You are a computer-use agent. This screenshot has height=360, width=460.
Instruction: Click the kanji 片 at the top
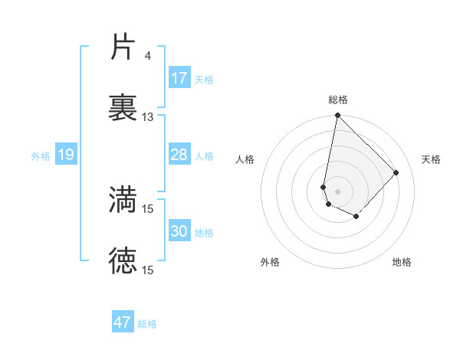(x=123, y=47)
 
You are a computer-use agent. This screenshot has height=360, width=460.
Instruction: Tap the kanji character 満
(x=123, y=200)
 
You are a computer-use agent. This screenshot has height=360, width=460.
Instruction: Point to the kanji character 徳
(x=123, y=261)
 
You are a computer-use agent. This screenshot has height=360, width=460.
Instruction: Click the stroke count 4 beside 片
(x=147, y=56)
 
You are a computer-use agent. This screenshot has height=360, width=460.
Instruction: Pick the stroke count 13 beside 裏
(x=148, y=117)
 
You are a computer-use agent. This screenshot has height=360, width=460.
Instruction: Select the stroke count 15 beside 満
(x=148, y=208)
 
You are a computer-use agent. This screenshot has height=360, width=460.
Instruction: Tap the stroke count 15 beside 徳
(x=148, y=270)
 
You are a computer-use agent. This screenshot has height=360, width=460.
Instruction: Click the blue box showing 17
(x=179, y=78)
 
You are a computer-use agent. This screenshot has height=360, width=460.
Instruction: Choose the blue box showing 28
(x=179, y=155)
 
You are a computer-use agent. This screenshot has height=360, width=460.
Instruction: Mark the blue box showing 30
(x=179, y=231)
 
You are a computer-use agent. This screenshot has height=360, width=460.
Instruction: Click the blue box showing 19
(x=66, y=155)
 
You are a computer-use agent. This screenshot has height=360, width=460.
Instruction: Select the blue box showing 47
(x=123, y=322)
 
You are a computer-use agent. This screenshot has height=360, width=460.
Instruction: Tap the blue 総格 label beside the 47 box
(x=147, y=324)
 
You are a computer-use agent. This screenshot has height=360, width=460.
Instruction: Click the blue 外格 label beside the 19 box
(x=41, y=156)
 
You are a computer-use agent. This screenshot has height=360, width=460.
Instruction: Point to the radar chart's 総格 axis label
(x=338, y=100)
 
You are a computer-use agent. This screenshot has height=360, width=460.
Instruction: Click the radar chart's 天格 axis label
(x=432, y=159)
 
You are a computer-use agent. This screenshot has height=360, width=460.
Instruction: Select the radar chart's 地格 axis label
(x=402, y=262)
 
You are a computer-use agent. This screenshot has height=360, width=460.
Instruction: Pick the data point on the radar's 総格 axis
(x=337, y=116)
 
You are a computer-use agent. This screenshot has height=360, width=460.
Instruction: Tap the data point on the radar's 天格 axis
(x=396, y=172)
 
